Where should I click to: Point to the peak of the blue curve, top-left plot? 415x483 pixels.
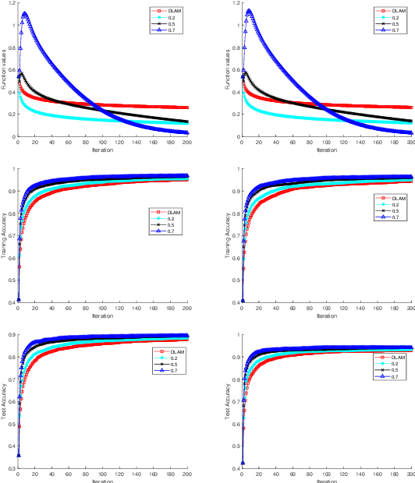coord(25,13)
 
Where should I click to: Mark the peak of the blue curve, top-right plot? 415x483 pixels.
coord(249,11)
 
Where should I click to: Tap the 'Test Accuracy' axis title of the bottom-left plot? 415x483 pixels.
coord(4,401)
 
